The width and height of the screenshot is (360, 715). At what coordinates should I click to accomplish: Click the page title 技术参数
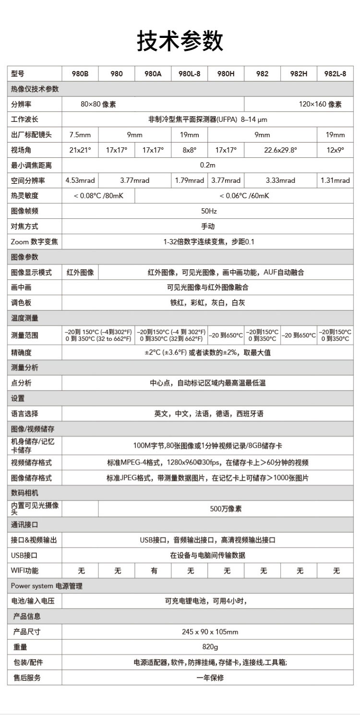tap(180, 40)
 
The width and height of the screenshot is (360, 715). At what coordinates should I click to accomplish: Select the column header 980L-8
tap(190, 74)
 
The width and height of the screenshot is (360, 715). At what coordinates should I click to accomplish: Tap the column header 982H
tap(299, 74)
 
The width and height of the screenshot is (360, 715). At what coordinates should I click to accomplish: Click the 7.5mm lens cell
tap(80, 135)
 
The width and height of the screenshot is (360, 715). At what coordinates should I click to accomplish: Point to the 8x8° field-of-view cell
tap(190, 150)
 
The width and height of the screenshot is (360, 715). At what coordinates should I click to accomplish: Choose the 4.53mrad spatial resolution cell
tap(80, 180)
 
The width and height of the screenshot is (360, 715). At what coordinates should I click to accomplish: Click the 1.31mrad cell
tap(335, 180)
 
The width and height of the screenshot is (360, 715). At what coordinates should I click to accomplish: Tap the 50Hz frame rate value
tap(208, 211)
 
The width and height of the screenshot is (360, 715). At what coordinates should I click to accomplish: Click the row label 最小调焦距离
tap(31, 166)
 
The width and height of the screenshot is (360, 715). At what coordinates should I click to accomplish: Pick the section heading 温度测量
tap(24, 318)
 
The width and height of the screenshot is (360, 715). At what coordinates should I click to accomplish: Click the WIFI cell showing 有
tap(154, 571)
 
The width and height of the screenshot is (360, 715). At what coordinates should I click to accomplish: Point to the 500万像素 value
tap(226, 509)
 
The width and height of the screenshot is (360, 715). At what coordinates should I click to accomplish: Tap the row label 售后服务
tap(27, 678)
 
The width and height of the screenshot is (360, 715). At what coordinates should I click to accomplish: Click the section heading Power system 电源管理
tap(47, 586)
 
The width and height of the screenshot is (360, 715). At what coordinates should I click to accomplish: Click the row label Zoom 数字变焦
tap(34, 242)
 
